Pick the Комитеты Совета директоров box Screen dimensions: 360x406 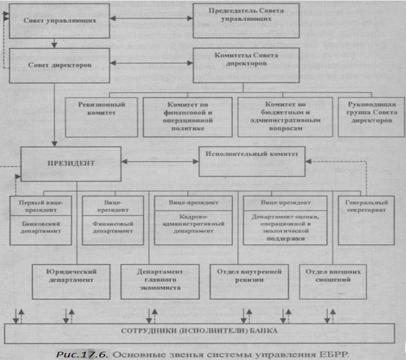tap(246, 64)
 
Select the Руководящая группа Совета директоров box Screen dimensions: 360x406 tap(366, 117)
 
